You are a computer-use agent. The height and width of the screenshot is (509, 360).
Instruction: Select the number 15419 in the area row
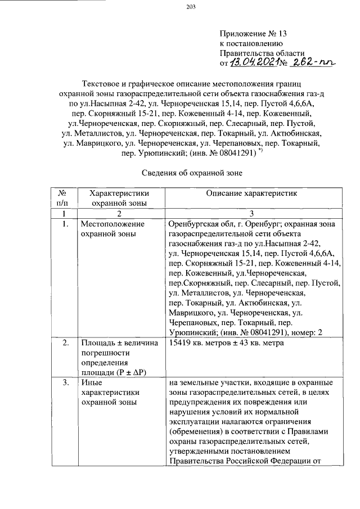pyautogui.click(x=181, y=343)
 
